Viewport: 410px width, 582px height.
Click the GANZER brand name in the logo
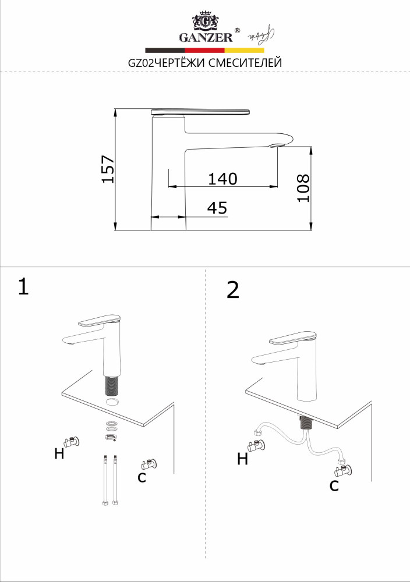coord(206,38)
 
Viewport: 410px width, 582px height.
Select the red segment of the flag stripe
coord(204,50)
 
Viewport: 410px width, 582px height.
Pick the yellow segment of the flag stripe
coord(245,50)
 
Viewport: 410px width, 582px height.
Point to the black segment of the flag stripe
coord(165,50)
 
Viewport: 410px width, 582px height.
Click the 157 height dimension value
coord(108,169)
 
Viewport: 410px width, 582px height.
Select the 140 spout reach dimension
coord(222,179)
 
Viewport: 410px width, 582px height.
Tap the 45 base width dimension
coord(217,208)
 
